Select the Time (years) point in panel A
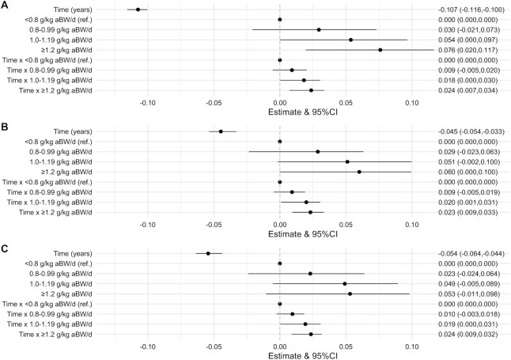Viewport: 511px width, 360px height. pos(138,9)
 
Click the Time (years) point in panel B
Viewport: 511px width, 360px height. pos(221,131)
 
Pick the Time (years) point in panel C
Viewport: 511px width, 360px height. pos(208,253)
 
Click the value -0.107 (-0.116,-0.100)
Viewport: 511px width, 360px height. pos(472,9)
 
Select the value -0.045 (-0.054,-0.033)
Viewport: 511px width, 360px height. pos(472,131)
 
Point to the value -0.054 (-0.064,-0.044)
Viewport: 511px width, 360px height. pos(472,253)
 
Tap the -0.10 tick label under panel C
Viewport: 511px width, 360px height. pos(147,346)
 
